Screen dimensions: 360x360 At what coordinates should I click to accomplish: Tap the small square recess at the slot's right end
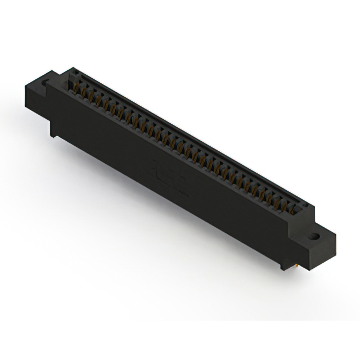[x=301, y=213]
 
